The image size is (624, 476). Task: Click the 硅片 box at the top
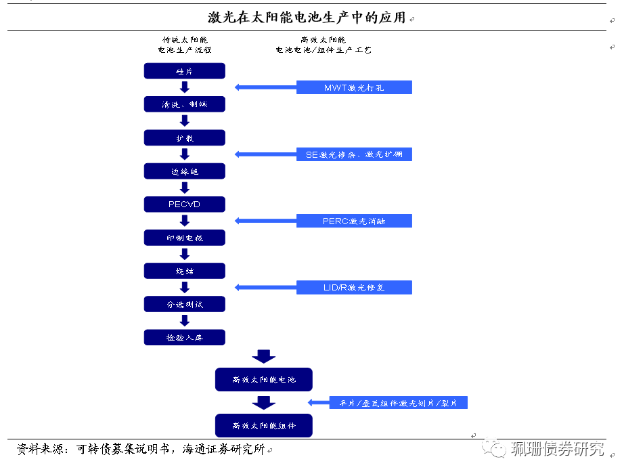pos(184,71)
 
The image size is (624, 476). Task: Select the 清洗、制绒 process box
pos(184,104)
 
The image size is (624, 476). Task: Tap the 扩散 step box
pos(184,137)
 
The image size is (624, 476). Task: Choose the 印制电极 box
pos(184,238)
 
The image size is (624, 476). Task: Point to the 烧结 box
pos(184,271)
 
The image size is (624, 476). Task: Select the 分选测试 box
pos(184,304)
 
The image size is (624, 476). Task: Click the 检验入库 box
pos(184,337)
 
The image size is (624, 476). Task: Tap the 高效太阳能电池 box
pos(264,380)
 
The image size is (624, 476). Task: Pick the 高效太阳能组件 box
pos(264,425)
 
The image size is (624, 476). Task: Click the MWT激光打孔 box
pos(354,87)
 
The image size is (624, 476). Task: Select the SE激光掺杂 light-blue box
pos(354,154)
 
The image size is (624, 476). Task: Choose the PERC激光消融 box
pos(354,221)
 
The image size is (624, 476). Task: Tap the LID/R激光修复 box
pos(354,288)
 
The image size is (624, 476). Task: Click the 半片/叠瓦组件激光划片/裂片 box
pos(399,403)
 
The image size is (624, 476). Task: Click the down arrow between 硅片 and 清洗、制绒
pos(184,87)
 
